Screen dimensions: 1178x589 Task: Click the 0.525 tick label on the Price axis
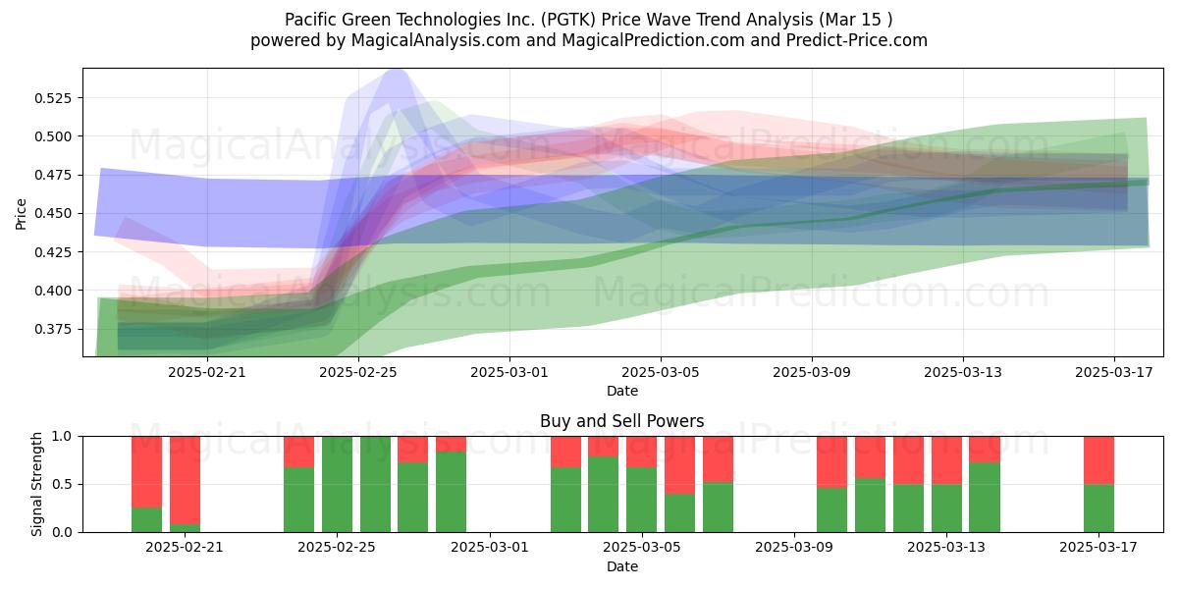53,98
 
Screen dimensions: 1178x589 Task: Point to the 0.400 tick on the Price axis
53,291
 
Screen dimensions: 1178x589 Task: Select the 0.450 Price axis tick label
53,214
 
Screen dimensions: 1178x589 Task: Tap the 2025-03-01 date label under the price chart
509,373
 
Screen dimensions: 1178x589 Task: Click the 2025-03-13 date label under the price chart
963,373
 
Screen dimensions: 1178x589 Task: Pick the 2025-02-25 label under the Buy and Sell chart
337,548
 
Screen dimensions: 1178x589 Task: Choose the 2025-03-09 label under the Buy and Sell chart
794,548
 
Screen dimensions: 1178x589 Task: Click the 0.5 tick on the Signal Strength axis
62,484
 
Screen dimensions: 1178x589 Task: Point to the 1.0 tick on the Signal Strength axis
62,437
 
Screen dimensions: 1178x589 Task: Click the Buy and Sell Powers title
622,421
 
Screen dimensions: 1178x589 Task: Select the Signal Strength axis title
36,484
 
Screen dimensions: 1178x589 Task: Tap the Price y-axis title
21,214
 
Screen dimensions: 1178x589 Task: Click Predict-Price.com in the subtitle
857,40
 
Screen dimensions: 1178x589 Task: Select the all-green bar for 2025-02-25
337,484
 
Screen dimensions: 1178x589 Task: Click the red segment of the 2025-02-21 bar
186,480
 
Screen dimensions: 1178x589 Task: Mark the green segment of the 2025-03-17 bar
1098,509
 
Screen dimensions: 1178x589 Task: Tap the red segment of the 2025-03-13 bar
946,460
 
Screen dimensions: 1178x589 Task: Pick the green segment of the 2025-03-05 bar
642,500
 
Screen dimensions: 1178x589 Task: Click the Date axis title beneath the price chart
622,392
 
